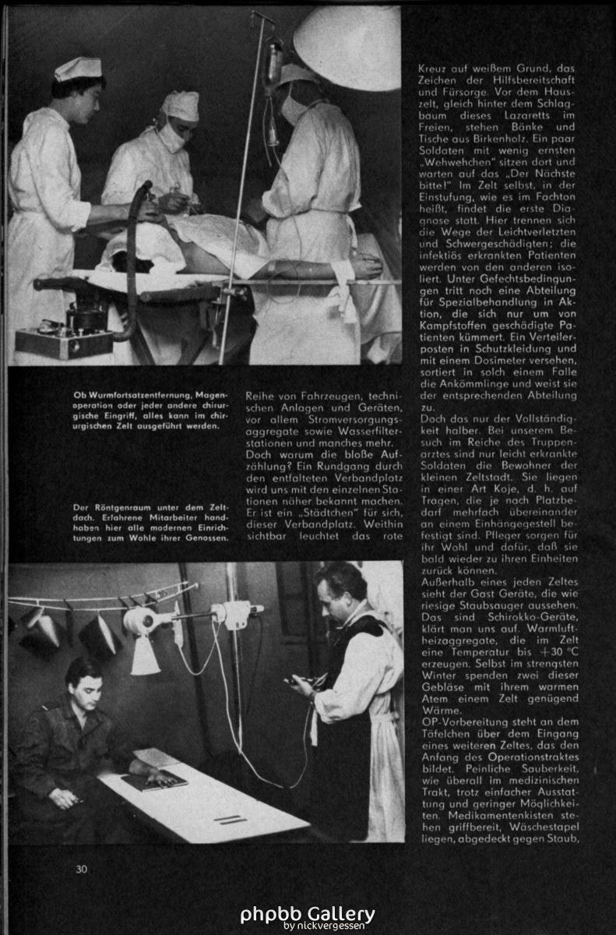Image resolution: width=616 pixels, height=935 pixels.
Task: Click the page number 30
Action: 82,869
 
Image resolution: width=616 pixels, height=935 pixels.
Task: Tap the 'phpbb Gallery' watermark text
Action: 307,913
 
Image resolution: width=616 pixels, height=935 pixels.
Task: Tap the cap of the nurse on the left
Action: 78,69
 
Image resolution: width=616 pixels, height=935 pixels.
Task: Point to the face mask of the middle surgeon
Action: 172,138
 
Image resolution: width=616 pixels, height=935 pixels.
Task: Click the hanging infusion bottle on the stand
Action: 274,62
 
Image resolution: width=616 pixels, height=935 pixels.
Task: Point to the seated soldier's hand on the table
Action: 160,776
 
